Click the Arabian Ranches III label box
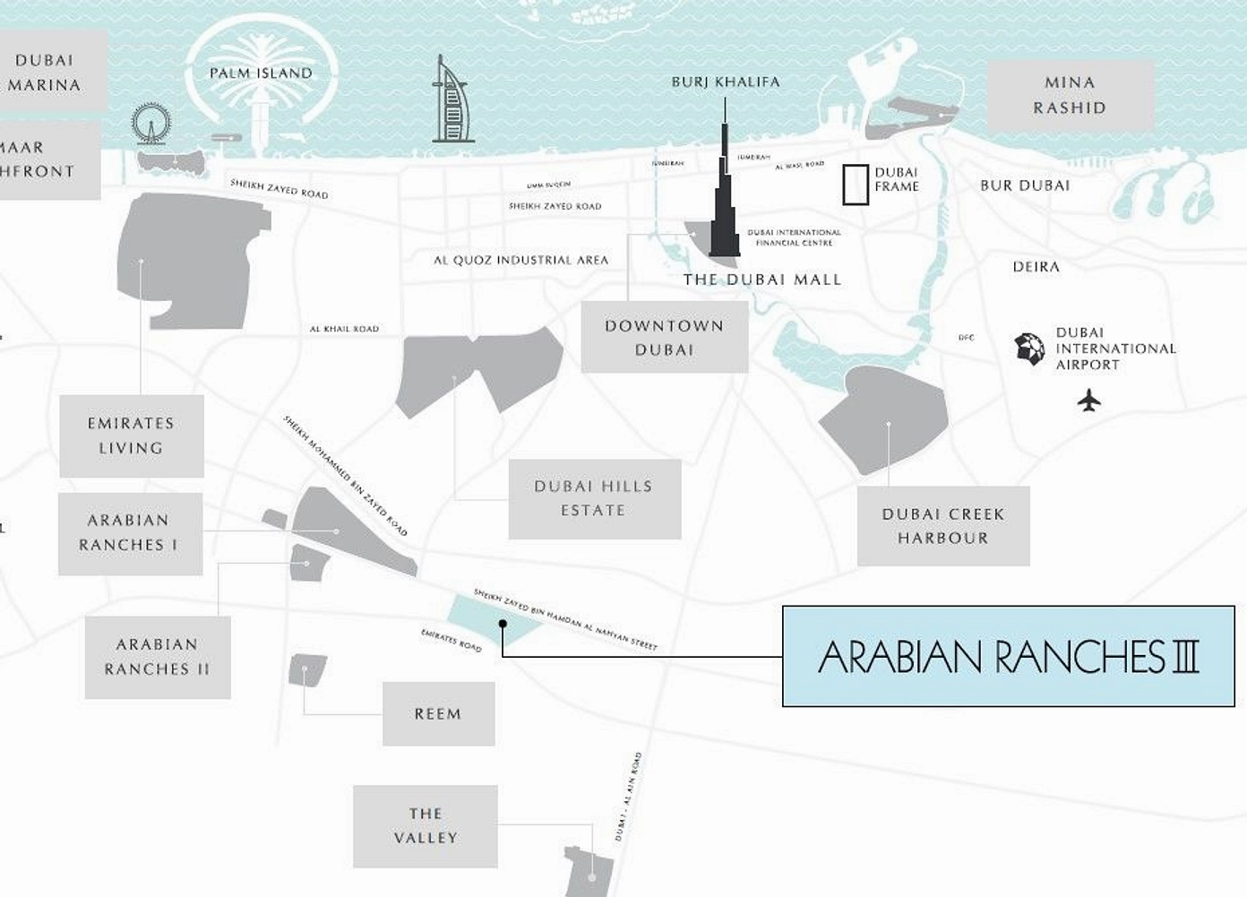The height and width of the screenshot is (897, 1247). click(1008, 656)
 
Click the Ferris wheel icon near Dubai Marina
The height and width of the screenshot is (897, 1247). click(150, 124)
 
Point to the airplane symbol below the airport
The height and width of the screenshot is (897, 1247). click(1088, 400)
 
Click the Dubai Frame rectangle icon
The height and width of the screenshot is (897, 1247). click(856, 185)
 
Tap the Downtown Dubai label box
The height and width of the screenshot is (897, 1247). click(664, 337)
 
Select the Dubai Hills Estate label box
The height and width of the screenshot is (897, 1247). click(594, 498)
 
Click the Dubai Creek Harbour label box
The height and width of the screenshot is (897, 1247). click(942, 526)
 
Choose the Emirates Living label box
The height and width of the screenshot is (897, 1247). click(131, 436)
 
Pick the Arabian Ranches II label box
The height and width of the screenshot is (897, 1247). click(157, 656)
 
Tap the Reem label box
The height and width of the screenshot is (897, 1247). click(438, 713)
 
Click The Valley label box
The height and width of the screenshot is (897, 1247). click(425, 825)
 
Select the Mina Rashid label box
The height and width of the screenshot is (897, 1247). click(1070, 95)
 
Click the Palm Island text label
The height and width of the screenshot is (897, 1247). click(261, 73)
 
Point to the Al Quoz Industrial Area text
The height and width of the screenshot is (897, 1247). click(520, 260)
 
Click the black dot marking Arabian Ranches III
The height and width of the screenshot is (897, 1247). click(503, 624)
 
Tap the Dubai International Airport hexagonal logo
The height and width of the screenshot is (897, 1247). click(1029, 349)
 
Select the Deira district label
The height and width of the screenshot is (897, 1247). click(1036, 267)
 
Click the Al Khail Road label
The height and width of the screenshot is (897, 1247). click(344, 329)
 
